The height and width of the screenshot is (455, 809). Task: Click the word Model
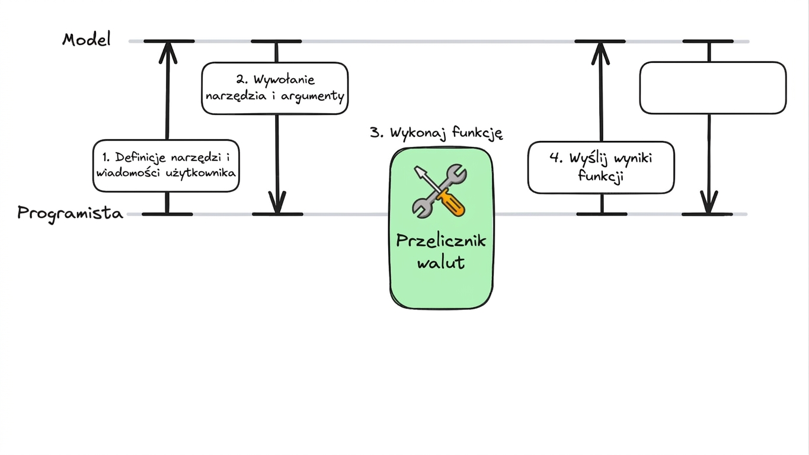click(87, 39)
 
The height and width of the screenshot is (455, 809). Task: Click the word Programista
click(70, 214)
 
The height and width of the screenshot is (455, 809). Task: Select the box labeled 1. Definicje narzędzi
click(166, 166)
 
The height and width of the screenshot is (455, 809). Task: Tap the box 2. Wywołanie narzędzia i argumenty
click(275, 88)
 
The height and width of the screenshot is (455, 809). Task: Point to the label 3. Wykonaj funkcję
click(436, 133)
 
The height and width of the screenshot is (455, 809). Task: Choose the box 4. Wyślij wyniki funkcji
click(601, 168)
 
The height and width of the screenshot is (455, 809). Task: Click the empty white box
click(713, 88)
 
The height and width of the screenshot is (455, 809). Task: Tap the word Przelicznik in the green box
click(441, 241)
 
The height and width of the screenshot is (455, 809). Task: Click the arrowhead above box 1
click(168, 53)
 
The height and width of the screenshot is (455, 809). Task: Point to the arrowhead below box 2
click(277, 202)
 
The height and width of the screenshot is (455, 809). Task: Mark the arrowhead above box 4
click(600, 53)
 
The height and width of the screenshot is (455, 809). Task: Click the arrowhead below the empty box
click(709, 202)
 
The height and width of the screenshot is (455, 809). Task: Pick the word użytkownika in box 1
click(200, 174)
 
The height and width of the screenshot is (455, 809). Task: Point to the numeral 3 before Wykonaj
click(375, 132)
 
